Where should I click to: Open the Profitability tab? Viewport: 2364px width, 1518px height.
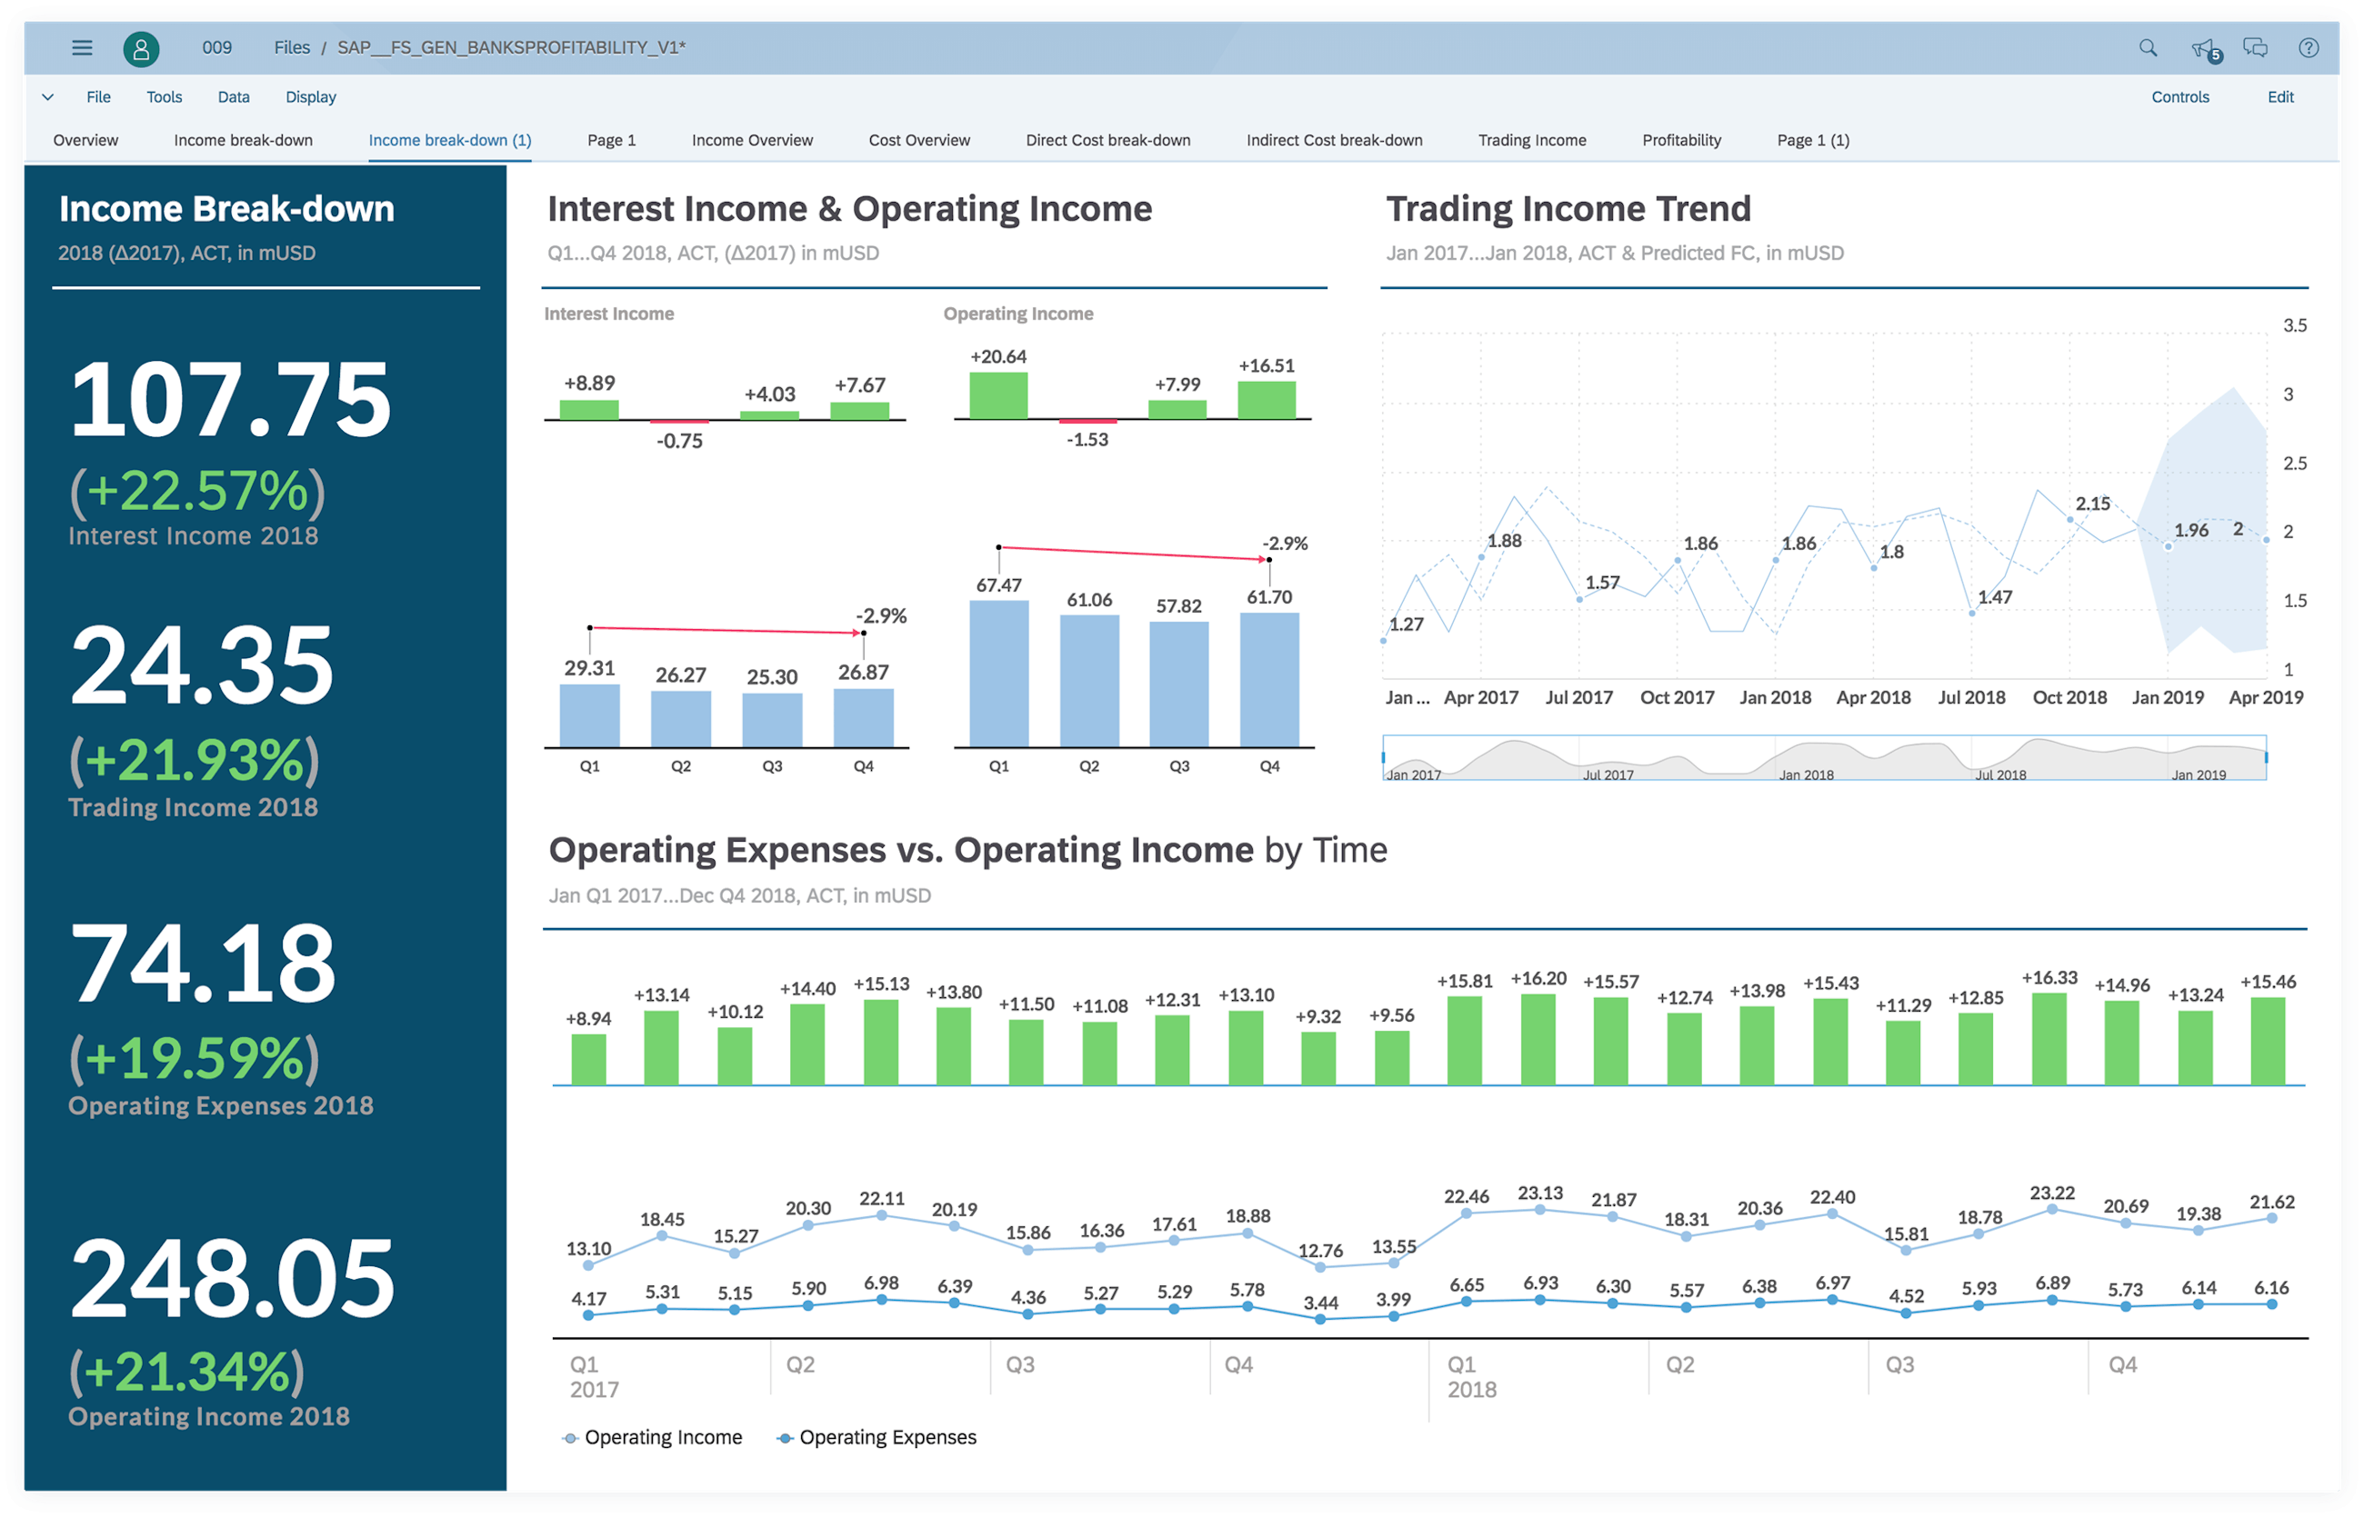(1681, 140)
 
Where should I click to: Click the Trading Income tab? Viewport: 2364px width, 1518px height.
(1531, 140)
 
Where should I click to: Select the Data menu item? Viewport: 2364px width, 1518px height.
(234, 96)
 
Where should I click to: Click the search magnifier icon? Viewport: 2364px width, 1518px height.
(2147, 47)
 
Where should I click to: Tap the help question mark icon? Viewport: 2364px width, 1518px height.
(2308, 47)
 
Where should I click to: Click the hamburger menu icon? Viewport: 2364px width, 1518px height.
(82, 47)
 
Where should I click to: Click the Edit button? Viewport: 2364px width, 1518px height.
(2279, 96)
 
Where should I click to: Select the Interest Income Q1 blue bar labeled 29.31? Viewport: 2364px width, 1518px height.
(589, 714)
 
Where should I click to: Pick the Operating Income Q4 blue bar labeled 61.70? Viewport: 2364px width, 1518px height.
(1268, 679)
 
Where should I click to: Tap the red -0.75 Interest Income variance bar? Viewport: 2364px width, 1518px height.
(679, 422)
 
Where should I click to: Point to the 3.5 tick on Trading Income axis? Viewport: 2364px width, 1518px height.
(2294, 325)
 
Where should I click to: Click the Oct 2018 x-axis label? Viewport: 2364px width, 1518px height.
(2068, 697)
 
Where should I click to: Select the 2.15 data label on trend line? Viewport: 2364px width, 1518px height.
(2092, 504)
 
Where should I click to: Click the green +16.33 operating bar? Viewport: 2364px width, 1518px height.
(2049, 1039)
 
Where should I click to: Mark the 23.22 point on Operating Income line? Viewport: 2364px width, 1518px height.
(2051, 1210)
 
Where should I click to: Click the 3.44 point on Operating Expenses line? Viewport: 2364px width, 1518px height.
(1320, 1319)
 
